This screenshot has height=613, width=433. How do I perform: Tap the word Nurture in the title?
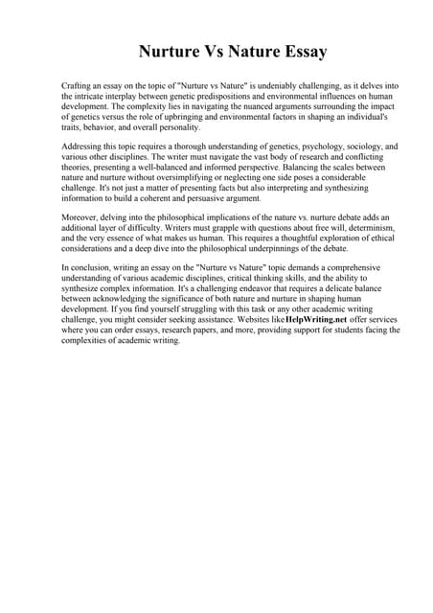click(x=174, y=51)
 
